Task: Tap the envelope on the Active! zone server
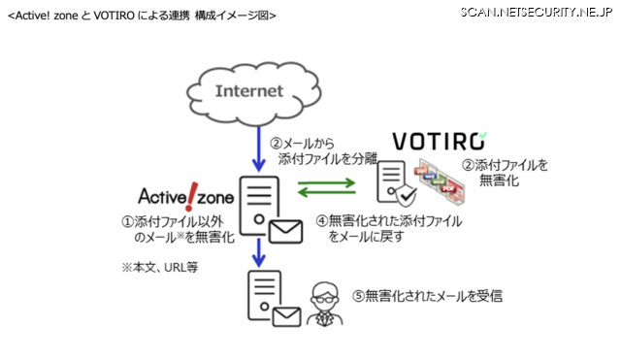tap(286, 230)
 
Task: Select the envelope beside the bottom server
tap(286, 316)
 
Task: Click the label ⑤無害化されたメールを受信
tap(428, 295)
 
